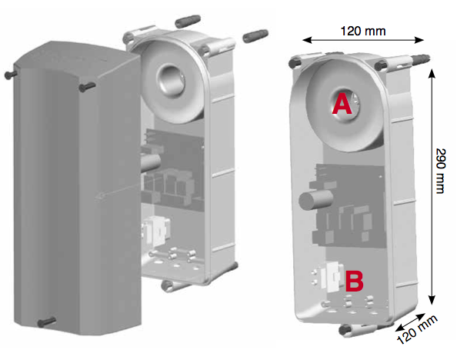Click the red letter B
[x=355, y=281]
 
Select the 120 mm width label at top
[x=363, y=31]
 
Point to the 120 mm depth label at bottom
[x=417, y=329]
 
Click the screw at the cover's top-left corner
[x=11, y=75]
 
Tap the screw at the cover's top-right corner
[x=87, y=87]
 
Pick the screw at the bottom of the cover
[x=47, y=322]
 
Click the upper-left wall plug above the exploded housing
[x=188, y=22]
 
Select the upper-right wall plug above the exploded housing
[x=255, y=36]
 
